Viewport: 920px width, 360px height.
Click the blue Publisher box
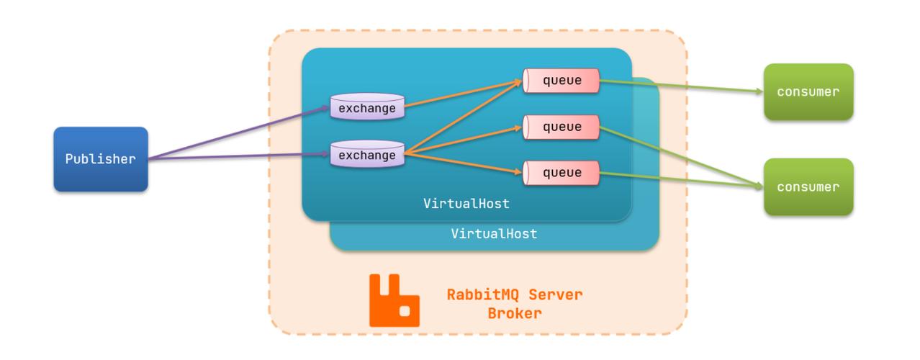(100, 159)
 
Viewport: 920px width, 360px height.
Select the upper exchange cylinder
(366, 109)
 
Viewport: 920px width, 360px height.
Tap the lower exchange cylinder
(366, 155)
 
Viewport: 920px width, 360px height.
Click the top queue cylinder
(562, 81)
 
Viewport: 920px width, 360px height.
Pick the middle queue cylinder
(562, 127)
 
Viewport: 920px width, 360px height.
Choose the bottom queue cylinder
(562, 173)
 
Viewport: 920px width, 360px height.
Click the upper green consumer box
(808, 91)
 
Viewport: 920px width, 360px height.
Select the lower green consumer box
(808, 186)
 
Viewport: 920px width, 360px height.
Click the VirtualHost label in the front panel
(466, 204)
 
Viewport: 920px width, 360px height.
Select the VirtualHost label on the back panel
(494, 234)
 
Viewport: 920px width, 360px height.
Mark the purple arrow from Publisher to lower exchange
(238, 156)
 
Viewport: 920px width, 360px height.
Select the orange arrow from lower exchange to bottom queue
(461, 163)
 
